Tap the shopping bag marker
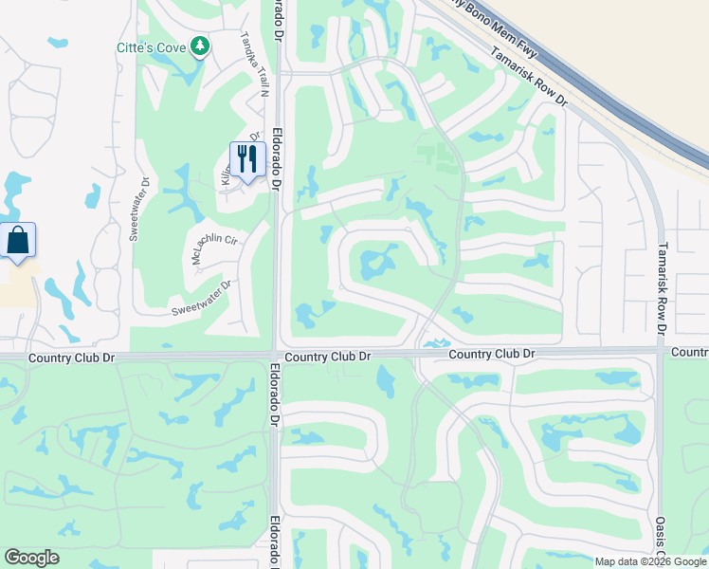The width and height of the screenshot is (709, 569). point(18,240)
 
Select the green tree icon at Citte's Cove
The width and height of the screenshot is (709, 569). point(199,46)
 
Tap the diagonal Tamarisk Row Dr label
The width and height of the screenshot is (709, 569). point(529,77)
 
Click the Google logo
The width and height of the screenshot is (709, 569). point(31,558)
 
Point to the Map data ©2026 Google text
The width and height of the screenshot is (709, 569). point(650,561)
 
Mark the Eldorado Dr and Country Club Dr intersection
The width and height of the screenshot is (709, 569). point(275,355)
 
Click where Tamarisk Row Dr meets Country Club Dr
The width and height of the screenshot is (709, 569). point(661,351)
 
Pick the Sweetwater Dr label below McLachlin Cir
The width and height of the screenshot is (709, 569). point(201,298)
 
